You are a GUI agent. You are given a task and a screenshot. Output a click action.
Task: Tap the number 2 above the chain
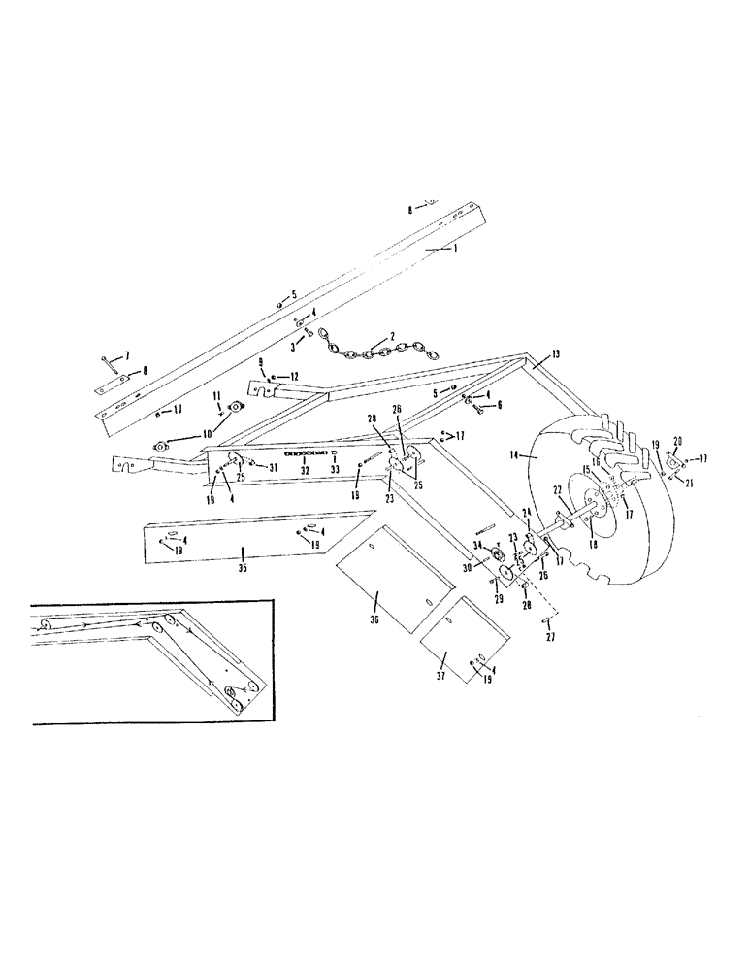(x=392, y=336)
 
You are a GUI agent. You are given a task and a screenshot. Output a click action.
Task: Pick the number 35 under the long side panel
(x=242, y=568)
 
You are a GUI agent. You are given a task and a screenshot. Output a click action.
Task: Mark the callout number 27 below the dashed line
(x=549, y=638)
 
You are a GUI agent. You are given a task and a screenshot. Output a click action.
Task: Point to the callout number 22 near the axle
(x=558, y=489)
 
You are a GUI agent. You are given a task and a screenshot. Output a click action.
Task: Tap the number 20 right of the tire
(x=676, y=439)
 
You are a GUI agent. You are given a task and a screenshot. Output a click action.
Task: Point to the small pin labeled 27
(x=549, y=619)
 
